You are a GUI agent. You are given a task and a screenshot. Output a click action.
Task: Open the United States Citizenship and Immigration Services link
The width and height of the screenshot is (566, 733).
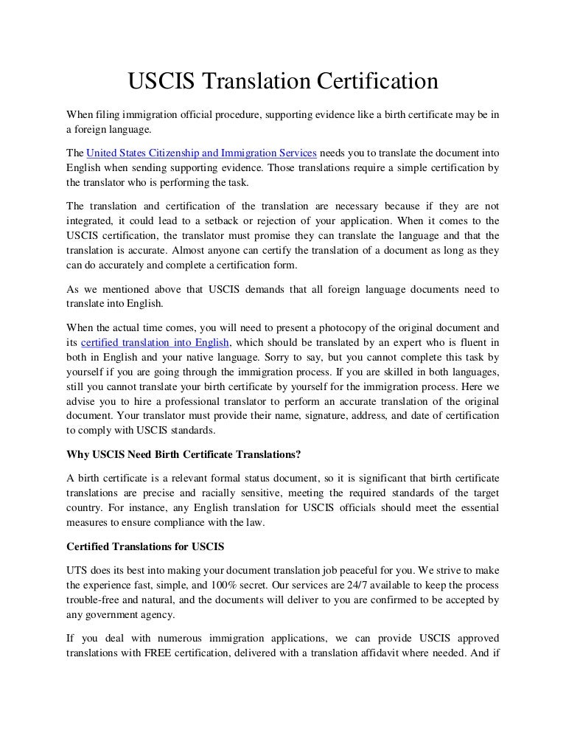click(202, 153)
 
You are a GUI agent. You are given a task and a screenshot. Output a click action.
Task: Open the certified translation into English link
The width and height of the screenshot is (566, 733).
click(156, 341)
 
